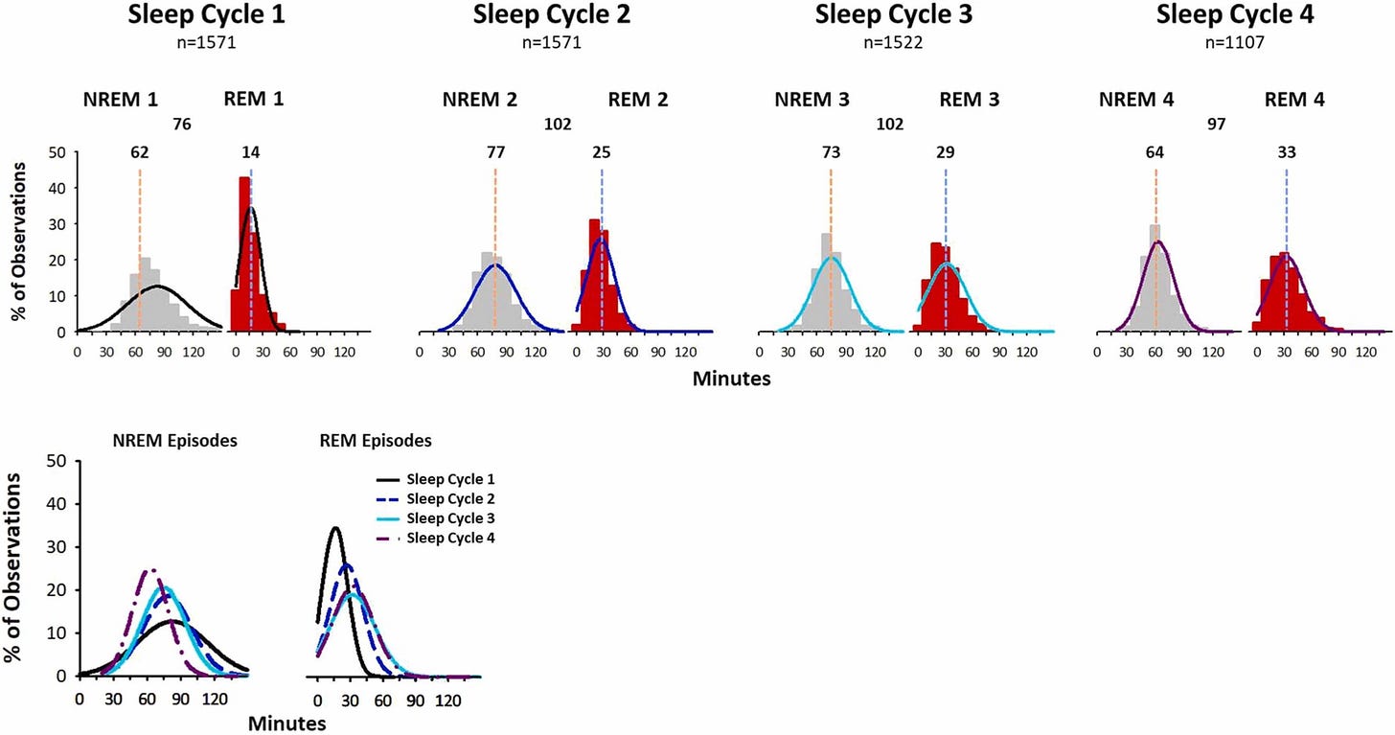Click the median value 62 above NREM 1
tap(140, 151)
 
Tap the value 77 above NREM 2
tap(495, 151)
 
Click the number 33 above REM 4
tap(1286, 151)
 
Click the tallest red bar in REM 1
tap(244, 254)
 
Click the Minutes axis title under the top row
tap(730, 378)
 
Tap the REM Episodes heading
tap(376, 441)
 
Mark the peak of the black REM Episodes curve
tap(334, 527)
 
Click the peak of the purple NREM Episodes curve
tap(150, 569)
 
